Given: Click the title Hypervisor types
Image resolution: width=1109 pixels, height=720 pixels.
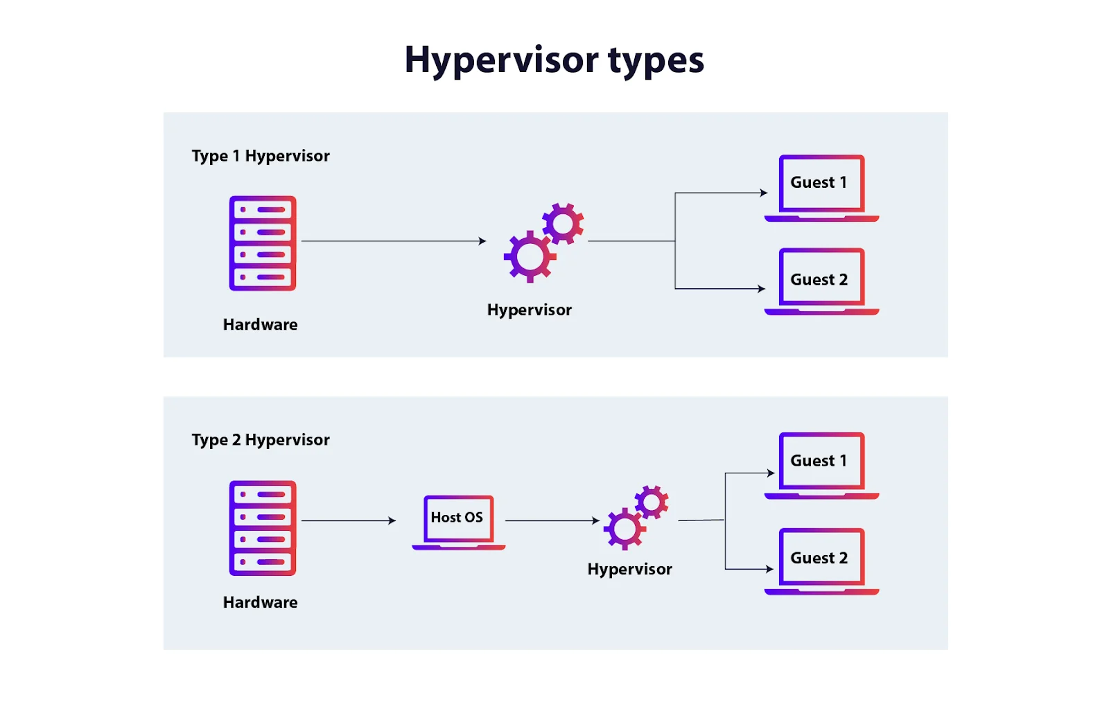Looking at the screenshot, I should [554, 60].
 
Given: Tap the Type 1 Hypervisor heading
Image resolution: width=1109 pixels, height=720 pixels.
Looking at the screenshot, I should [261, 156].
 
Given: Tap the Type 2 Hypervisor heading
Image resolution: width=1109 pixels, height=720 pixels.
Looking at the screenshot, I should [261, 440].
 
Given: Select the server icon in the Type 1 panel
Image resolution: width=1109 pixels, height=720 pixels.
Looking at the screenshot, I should [263, 243].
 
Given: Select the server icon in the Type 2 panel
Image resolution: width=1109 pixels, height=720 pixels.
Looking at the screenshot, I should [263, 528].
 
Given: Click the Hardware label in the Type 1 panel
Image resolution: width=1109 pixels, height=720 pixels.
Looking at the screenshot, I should [260, 324].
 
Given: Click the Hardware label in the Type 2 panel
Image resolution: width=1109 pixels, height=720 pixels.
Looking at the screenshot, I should [260, 602].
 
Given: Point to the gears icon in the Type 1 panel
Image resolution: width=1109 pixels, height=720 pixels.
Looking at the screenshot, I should [543, 242].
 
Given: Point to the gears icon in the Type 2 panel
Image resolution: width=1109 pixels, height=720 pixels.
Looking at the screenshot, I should [635, 518].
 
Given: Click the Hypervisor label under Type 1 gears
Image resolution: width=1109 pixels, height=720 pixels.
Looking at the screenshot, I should [529, 310].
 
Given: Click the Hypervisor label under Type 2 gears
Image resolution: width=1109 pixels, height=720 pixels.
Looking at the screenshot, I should [629, 569].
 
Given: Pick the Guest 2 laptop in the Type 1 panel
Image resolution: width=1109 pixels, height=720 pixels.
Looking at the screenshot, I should [821, 281].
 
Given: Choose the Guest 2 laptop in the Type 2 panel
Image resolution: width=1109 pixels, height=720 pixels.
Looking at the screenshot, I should [821, 561].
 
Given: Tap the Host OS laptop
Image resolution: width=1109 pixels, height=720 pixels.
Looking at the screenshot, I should [458, 522].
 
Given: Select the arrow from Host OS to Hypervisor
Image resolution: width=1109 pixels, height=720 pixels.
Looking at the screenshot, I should [552, 520].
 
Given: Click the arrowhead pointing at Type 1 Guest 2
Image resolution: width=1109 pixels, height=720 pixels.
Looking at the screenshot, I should [761, 289].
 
